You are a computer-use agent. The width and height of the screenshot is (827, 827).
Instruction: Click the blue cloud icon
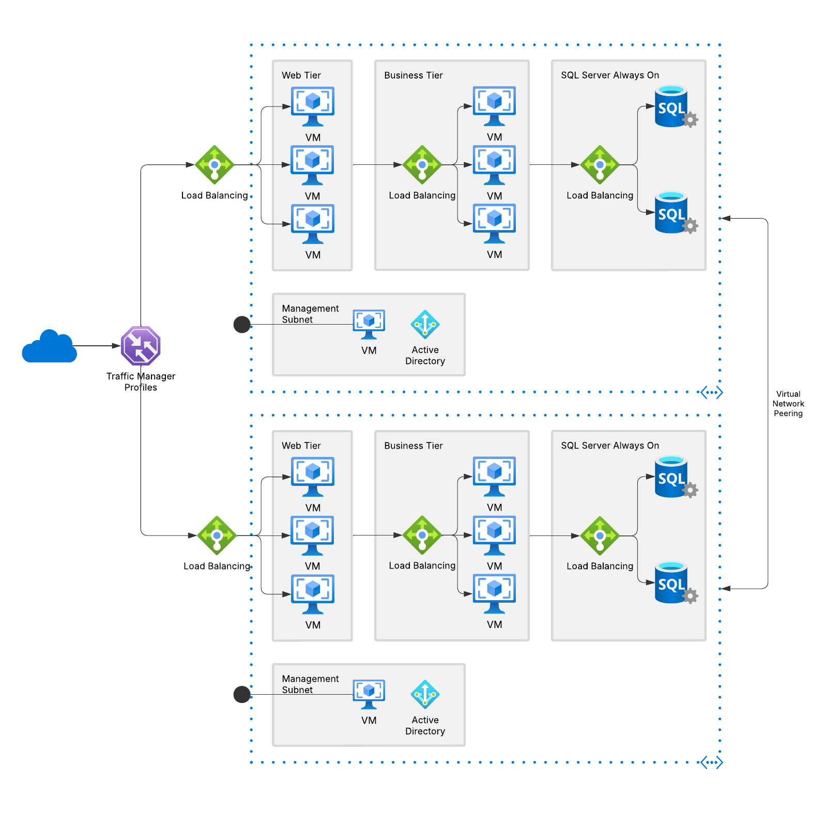pyautogui.click(x=49, y=346)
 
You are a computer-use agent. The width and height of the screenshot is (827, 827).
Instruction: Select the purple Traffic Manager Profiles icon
pyautogui.click(x=141, y=345)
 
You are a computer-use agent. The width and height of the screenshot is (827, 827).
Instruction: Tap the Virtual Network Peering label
pyautogui.click(x=788, y=404)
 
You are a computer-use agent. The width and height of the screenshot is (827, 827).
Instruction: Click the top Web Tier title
pyautogui.click(x=301, y=75)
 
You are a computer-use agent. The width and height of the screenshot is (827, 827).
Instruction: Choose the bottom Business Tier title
pyautogui.click(x=413, y=446)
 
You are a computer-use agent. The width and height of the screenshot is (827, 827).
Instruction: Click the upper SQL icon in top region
pyautogui.click(x=672, y=107)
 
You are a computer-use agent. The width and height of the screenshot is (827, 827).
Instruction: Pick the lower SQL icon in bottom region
pyautogui.click(x=672, y=583)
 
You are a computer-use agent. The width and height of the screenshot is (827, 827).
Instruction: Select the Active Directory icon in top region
pyautogui.click(x=425, y=325)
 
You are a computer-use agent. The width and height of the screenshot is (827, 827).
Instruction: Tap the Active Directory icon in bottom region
pyautogui.click(x=425, y=694)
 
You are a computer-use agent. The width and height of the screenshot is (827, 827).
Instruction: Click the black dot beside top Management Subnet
pyautogui.click(x=242, y=325)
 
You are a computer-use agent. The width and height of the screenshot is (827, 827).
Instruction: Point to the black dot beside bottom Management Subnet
pyautogui.click(x=242, y=694)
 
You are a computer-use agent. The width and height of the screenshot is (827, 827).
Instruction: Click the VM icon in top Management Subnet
pyautogui.click(x=369, y=323)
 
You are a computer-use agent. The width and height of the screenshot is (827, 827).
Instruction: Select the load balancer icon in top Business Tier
pyautogui.click(x=422, y=165)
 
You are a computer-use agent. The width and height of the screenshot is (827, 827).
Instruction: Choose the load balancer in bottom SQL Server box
pyautogui.click(x=600, y=535)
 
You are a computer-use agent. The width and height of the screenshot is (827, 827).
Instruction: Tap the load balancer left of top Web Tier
pyautogui.click(x=215, y=165)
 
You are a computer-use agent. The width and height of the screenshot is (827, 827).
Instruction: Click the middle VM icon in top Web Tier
pyautogui.click(x=312, y=164)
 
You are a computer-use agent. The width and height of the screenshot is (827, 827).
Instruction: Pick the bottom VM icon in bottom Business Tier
pyautogui.click(x=494, y=593)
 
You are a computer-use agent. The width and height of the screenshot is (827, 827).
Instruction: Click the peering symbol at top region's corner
pyautogui.click(x=712, y=392)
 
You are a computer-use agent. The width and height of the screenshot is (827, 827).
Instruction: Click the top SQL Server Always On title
pyautogui.click(x=610, y=75)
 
